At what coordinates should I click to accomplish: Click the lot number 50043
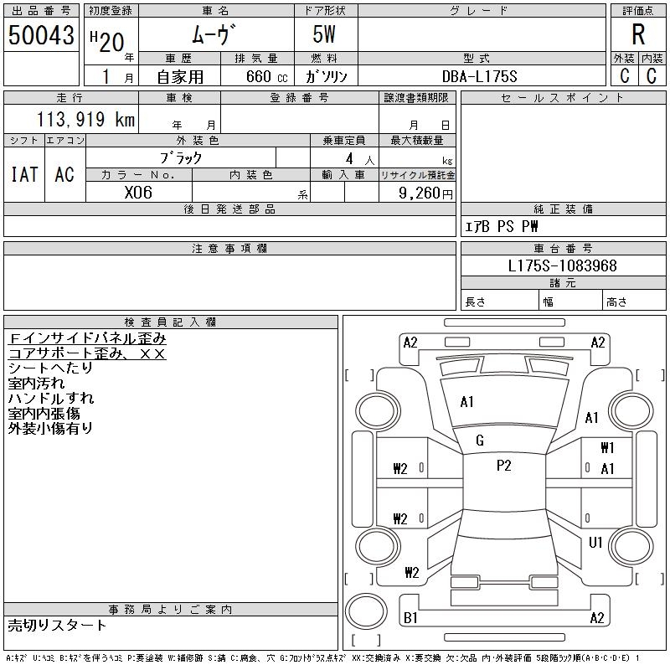41,34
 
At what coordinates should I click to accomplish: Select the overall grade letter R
638,34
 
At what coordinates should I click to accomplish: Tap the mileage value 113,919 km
85,119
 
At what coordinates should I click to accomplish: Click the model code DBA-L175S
479,76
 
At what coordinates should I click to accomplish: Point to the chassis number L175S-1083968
562,265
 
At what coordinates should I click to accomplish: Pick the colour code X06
138,193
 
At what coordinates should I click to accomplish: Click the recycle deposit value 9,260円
425,193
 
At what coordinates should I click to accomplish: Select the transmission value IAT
24,174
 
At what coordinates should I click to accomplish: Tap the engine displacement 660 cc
266,76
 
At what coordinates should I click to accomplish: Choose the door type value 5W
324,34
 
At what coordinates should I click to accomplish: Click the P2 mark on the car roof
504,466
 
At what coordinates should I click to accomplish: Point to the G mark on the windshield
480,441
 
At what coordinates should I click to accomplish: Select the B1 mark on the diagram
410,618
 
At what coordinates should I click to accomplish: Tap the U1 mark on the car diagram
595,543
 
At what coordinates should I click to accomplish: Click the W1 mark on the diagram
607,448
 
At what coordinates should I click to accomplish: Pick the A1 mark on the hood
466,402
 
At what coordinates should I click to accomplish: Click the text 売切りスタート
57,626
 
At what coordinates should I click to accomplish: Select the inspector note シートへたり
50,368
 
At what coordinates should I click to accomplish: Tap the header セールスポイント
563,98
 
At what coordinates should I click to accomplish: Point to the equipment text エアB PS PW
501,226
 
